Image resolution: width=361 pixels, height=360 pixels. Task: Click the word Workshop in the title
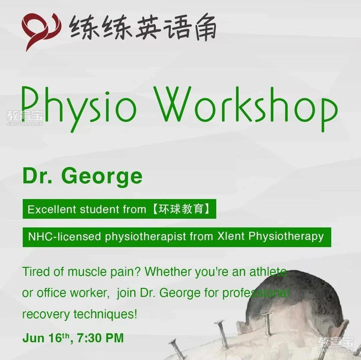(245, 109)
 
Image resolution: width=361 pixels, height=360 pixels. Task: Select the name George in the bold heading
(102, 177)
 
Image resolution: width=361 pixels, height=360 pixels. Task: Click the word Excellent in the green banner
(52, 209)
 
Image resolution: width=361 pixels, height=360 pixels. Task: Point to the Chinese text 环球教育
(181, 209)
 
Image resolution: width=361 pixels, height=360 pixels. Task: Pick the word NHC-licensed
(65, 236)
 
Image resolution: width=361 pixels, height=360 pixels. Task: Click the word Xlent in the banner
(231, 236)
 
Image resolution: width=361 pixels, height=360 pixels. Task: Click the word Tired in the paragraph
(36, 272)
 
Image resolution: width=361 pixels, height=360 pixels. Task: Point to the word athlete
(268, 272)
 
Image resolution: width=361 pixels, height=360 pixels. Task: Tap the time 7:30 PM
(100, 338)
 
